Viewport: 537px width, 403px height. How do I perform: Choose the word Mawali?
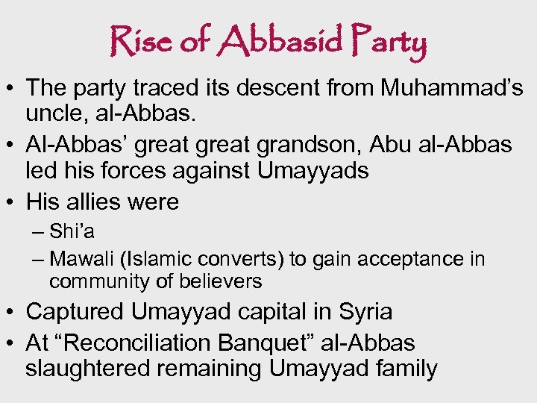(x=81, y=259)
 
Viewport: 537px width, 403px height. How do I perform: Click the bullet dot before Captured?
(x=11, y=312)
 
